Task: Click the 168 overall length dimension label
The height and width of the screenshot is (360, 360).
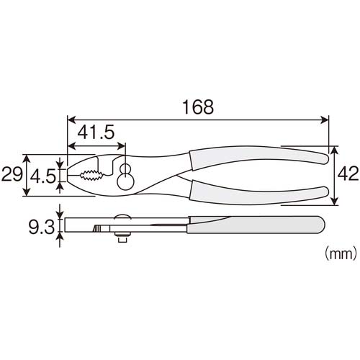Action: click(198, 107)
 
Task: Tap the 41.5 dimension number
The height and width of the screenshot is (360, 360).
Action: click(96, 132)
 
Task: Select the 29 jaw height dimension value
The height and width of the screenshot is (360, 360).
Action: click(12, 174)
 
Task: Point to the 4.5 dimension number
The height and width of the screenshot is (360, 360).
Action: click(42, 176)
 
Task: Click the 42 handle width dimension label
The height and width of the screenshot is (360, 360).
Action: click(348, 174)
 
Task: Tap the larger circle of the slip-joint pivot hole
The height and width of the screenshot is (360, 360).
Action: click(125, 181)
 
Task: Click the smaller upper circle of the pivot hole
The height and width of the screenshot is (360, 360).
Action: click(125, 168)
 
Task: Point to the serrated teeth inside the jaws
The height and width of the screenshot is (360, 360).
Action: click(91, 176)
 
